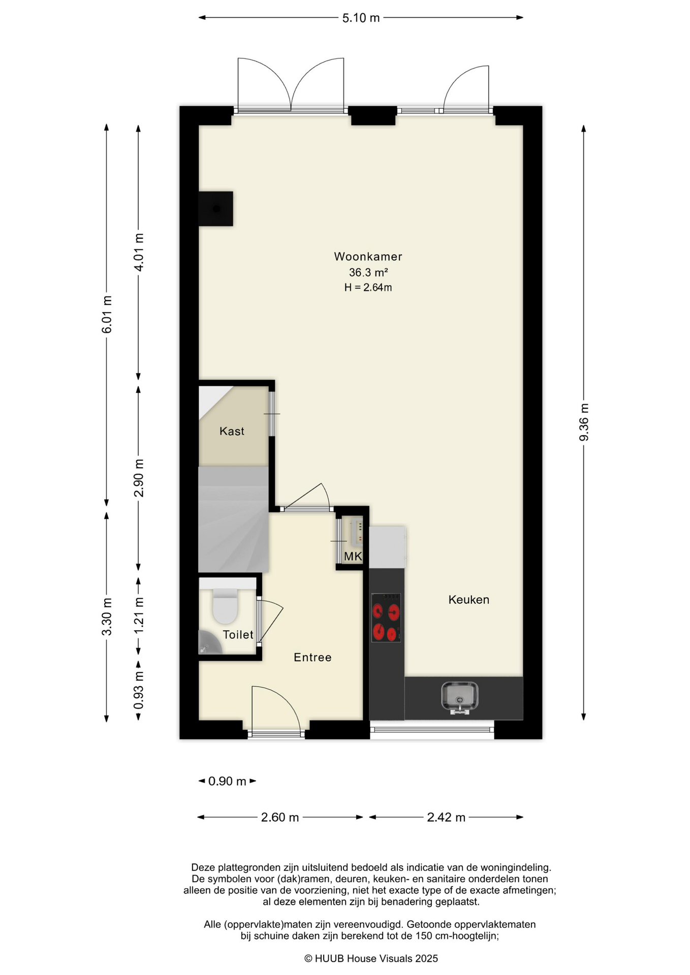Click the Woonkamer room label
(368, 256)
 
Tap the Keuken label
(468, 600)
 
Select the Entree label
(312, 658)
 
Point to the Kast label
(232, 431)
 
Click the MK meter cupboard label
(353, 557)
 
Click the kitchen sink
(460, 697)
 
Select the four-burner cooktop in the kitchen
(386, 617)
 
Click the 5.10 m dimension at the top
(361, 18)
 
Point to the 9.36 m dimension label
(584, 422)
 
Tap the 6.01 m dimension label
(107, 314)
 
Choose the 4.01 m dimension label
(139, 252)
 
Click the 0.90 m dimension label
(227, 781)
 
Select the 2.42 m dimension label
(446, 818)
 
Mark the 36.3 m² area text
(368, 272)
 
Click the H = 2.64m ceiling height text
(368, 287)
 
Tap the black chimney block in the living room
(215, 209)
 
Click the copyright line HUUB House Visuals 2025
(371, 959)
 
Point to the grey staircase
(233, 519)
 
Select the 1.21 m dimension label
(139, 615)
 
